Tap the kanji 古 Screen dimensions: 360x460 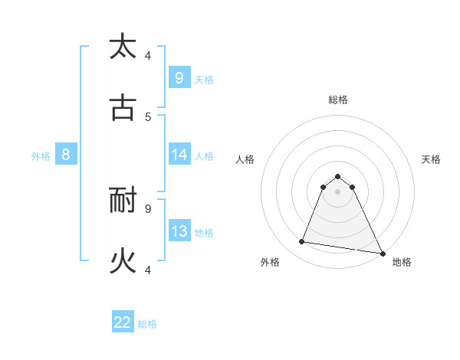click(x=123, y=108)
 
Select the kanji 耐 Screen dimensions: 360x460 click(x=123, y=201)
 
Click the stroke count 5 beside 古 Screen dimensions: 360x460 click(x=148, y=117)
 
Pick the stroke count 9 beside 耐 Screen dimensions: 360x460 click(x=148, y=208)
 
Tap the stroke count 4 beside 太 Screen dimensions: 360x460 click(x=148, y=56)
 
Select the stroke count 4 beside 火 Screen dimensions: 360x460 click(x=148, y=270)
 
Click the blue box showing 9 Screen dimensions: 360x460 click(x=179, y=77)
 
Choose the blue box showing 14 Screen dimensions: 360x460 click(x=179, y=155)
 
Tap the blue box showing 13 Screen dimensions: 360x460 click(x=179, y=231)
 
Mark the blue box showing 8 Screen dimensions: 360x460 click(x=65, y=155)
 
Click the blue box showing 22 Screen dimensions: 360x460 click(x=123, y=322)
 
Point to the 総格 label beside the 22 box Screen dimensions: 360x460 click(x=147, y=324)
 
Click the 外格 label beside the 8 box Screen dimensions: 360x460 click(x=41, y=156)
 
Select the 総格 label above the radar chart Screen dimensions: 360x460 click(x=338, y=100)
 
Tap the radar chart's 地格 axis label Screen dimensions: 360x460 click(x=402, y=262)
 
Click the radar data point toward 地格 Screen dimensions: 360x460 click(x=382, y=252)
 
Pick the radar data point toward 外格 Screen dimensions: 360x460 click(x=302, y=242)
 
